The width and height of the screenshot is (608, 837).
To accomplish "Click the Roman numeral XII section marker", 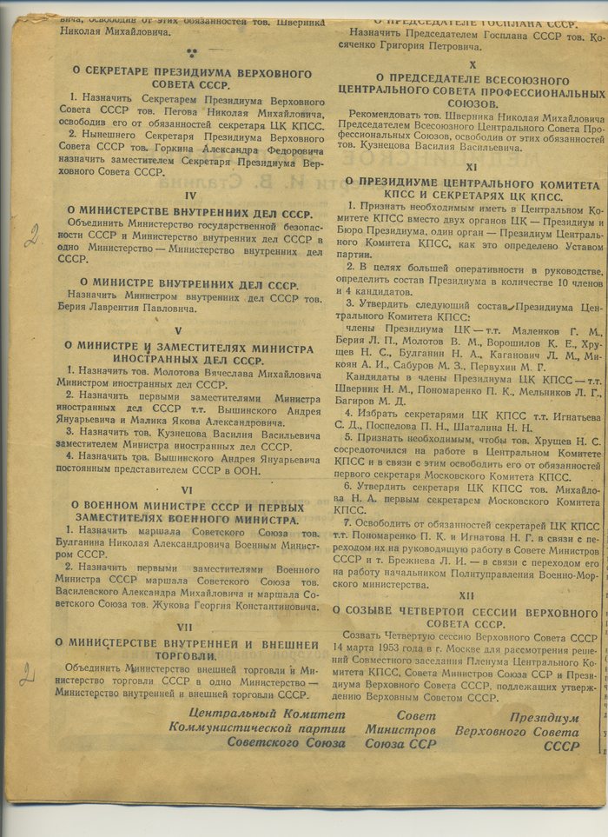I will [469, 596].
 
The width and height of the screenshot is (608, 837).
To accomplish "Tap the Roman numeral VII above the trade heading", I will [183, 627].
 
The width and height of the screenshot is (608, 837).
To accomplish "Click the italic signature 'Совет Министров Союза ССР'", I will [400, 729].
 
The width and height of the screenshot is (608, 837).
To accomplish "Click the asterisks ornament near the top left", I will [190, 53].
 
